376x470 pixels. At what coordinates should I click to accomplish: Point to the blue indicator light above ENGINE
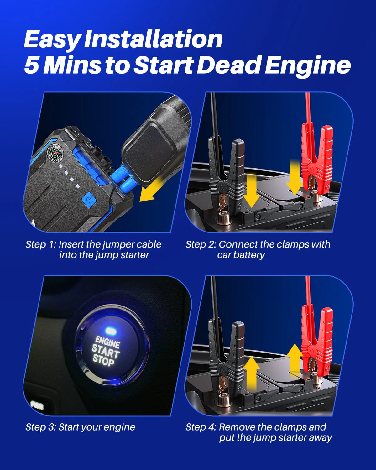110,330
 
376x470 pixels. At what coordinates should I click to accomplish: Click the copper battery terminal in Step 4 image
225,399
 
